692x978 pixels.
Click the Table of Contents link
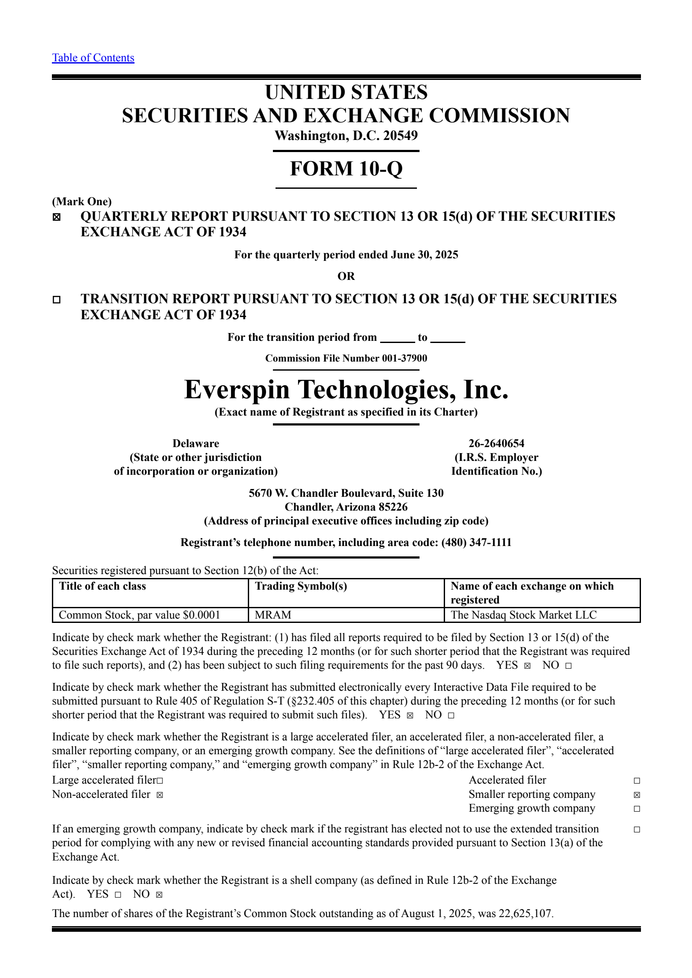pyautogui.click(x=93, y=58)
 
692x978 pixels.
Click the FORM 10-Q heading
pyautogui.click(x=346, y=168)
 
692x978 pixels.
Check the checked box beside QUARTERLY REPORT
pyautogui.click(x=57, y=217)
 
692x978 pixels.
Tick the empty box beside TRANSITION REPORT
pyautogui.click(x=57, y=299)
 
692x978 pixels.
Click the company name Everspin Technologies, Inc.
pyautogui.click(x=346, y=390)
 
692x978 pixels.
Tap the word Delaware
pyautogui.click(x=195, y=444)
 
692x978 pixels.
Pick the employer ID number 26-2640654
pyautogui.click(x=496, y=444)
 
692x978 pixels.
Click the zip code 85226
pyautogui.click(x=392, y=507)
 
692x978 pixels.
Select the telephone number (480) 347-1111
pyautogui.click(x=476, y=542)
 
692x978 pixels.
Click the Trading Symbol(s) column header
pyautogui.click(x=301, y=586)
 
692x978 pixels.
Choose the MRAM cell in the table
pyautogui.click(x=273, y=615)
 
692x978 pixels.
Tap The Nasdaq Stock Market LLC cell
pyautogui.click(x=523, y=615)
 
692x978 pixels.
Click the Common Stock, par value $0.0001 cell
pyautogui.click(x=139, y=615)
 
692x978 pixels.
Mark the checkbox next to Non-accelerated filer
pyautogui.click(x=160, y=795)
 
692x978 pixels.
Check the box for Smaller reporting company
pyautogui.click(x=637, y=795)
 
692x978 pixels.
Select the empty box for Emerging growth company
pyautogui.click(x=637, y=809)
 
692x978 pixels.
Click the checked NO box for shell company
pyautogui.click(x=159, y=895)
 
